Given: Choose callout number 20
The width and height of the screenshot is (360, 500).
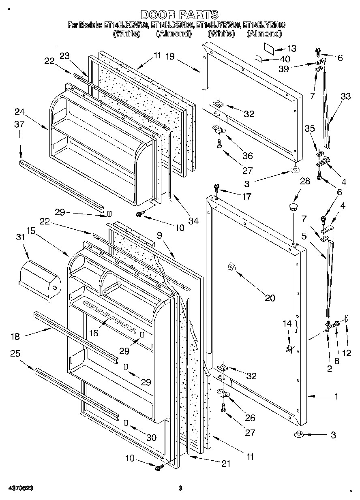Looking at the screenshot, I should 270,299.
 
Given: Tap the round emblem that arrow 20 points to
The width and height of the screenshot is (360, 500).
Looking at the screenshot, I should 231,267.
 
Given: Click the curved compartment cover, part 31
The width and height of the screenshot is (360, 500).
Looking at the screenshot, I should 40,281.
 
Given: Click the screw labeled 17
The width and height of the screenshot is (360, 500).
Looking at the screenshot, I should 217,188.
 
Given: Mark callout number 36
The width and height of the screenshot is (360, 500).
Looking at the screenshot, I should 247,156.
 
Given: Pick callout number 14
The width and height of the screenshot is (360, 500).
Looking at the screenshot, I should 287,323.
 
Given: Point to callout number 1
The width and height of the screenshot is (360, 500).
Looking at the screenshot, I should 336,397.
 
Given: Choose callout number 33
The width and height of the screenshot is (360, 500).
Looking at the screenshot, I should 345,96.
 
